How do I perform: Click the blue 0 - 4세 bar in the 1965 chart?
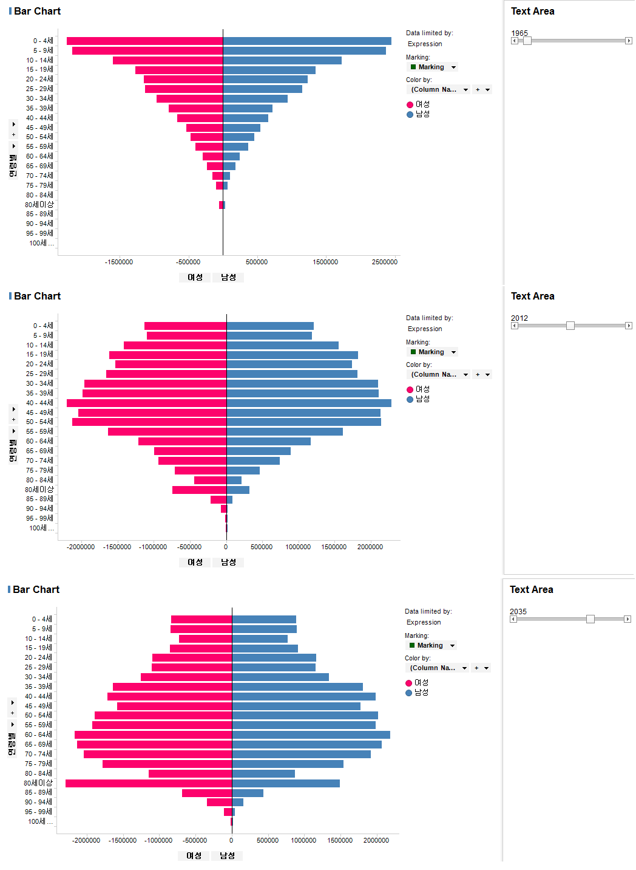[307, 41]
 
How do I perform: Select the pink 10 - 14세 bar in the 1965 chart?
[167, 61]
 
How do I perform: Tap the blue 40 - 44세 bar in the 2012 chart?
[308, 403]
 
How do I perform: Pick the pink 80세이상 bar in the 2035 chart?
[149, 783]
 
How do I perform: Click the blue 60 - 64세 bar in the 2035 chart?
[311, 735]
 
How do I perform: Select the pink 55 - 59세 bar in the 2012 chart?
[167, 431]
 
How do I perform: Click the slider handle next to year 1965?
[527, 41]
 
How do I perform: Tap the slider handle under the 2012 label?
[570, 326]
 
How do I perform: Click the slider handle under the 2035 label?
[590, 619]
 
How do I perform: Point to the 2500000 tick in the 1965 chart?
[385, 262]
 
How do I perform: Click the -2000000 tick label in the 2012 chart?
[81, 547]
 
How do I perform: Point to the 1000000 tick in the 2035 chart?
[303, 840]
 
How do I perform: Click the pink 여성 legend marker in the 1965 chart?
[410, 104]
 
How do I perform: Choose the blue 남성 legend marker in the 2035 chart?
[408, 693]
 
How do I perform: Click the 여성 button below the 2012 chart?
[195, 563]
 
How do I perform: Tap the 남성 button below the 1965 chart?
[228, 278]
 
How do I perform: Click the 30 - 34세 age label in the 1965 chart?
[39, 98]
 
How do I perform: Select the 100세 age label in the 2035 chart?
[39, 821]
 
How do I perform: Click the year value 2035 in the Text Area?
[518, 611]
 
